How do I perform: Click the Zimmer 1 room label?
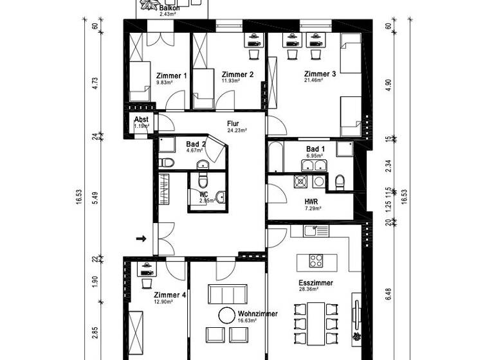[172, 76]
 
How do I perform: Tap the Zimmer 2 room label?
[237, 75]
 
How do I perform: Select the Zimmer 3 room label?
[320, 74]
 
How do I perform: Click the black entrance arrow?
[142, 239]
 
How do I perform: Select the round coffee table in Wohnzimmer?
[227, 315]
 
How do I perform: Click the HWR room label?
[313, 201]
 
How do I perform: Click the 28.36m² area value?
[309, 289]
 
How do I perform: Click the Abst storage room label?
[142, 120]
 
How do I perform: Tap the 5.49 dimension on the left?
[95, 199]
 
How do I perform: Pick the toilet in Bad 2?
[166, 162]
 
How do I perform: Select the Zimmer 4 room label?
[170, 295]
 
